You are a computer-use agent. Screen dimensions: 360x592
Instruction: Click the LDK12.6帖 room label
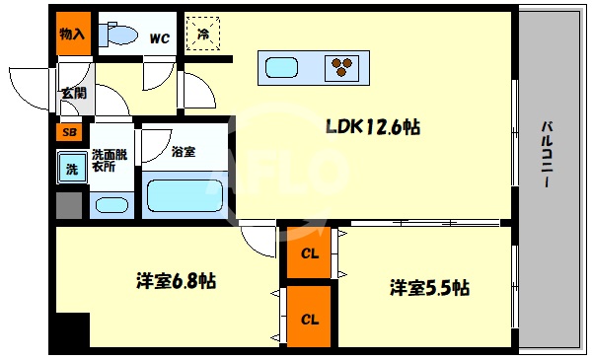pos(374,127)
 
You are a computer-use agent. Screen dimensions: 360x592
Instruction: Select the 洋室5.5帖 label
pos(428,288)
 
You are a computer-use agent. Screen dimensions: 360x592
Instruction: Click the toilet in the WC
pos(120,35)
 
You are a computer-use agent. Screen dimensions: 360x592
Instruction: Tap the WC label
pos(159,38)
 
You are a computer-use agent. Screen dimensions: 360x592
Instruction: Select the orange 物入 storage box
pos(71,34)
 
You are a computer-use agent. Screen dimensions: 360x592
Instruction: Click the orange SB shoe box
pos(69,130)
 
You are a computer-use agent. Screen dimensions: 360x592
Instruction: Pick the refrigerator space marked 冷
pos(203,35)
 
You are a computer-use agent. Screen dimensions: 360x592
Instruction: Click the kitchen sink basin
pos(281,67)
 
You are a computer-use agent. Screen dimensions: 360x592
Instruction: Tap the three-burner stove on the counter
pos(342,67)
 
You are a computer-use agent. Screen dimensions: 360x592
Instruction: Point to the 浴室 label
pos(183,152)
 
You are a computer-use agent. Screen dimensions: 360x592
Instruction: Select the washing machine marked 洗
pos(71,168)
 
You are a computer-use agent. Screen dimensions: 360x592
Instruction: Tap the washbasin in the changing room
pos(109,205)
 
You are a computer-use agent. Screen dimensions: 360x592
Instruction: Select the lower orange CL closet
pos(310,319)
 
